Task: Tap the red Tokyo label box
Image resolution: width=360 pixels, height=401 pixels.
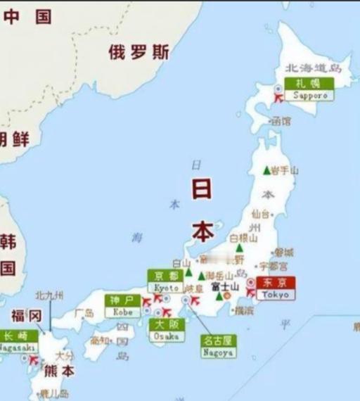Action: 276,287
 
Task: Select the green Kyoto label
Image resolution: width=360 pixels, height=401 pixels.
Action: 167,281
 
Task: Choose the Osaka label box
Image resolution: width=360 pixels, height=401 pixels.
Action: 166,329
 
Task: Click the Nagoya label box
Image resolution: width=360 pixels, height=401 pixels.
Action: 218,346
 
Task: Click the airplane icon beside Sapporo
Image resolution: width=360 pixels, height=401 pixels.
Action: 278,96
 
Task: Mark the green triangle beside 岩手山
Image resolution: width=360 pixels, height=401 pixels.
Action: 266,170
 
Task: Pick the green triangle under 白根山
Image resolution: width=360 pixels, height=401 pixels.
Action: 240,248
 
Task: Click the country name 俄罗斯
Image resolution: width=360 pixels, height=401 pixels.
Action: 139,51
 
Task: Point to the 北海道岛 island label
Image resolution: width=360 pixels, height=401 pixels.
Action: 312,68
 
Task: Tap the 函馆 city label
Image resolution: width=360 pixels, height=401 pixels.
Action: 281,121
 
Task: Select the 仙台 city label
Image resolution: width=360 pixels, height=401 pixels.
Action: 260,213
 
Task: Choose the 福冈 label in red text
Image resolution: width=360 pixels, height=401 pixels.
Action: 27,314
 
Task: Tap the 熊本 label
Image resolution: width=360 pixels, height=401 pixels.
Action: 59,371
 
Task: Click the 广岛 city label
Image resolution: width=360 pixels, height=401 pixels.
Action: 84,312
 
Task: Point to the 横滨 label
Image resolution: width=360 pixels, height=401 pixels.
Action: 244,310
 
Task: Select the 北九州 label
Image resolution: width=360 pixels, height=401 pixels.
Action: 49,295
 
